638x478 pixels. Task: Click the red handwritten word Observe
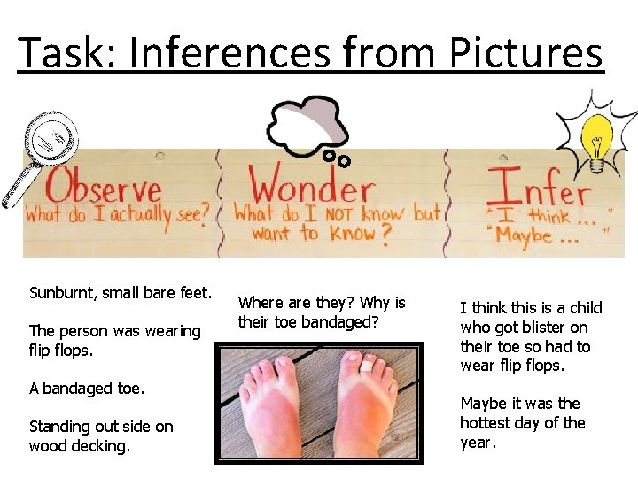(x=104, y=188)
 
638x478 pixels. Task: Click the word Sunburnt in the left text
(x=64, y=292)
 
